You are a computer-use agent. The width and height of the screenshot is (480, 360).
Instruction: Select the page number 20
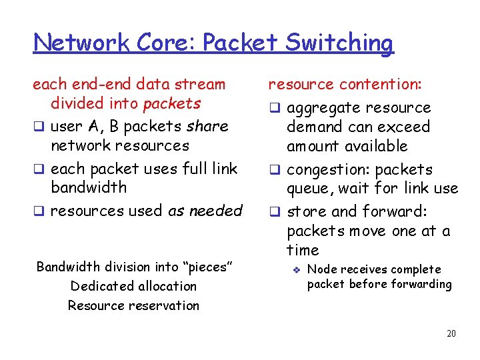point(451,333)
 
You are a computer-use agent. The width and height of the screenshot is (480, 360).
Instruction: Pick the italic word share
point(207,126)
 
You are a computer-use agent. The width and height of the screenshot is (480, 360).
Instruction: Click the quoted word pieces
point(207,267)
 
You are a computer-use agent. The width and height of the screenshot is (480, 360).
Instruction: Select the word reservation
point(165,305)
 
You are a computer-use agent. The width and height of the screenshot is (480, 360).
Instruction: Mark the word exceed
point(404,127)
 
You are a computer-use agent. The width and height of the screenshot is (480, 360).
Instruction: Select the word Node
point(321,269)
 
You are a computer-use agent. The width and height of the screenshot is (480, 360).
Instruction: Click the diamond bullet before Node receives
point(298,269)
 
